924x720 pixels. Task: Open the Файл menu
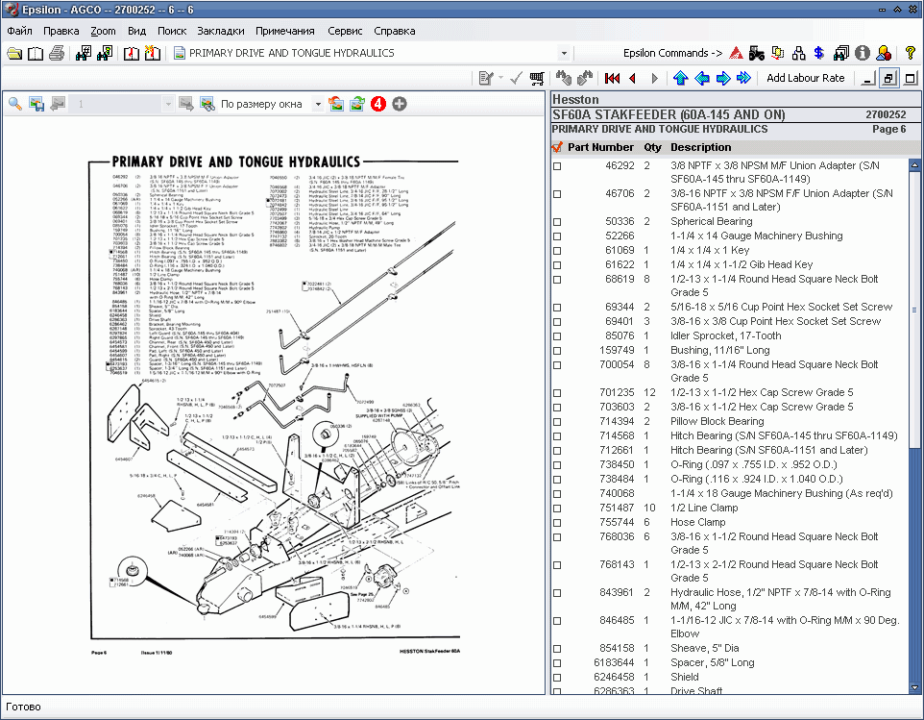(x=19, y=31)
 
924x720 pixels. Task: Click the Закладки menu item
(x=220, y=31)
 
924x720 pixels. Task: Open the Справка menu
(x=394, y=31)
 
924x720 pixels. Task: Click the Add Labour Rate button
(x=805, y=78)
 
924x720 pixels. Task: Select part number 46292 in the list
(x=619, y=165)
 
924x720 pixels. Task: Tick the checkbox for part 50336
(x=557, y=222)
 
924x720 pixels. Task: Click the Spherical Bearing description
(x=711, y=222)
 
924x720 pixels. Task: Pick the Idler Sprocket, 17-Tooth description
(x=726, y=336)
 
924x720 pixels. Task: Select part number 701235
(x=617, y=393)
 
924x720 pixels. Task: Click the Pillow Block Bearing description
(x=717, y=422)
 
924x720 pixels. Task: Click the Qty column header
(x=652, y=147)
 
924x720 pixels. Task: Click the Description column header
(x=700, y=147)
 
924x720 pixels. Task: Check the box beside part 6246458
(x=557, y=677)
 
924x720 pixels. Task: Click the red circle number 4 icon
(x=378, y=104)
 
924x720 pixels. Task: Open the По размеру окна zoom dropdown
(x=317, y=104)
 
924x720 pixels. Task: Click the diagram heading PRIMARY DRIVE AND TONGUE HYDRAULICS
(x=236, y=162)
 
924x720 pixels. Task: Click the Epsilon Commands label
(x=672, y=53)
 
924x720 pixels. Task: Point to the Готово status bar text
(x=23, y=708)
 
